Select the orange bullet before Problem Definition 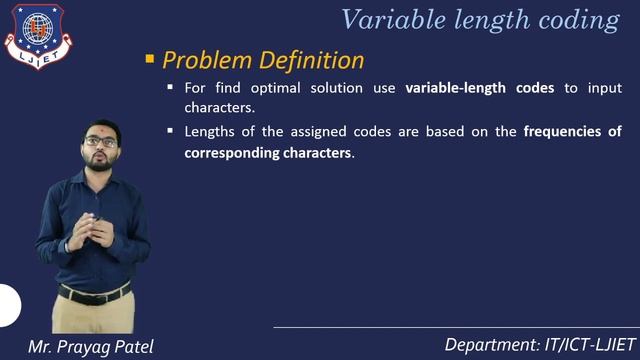pyautogui.click(x=150, y=60)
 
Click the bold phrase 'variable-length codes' pyautogui.click(x=479, y=88)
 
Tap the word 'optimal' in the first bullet pyautogui.click(x=265, y=88)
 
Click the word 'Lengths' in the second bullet pyautogui.click(x=209, y=132)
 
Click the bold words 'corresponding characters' pyautogui.click(x=268, y=154)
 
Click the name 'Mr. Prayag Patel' pyautogui.click(x=92, y=346)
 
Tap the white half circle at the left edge pyautogui.click(x=8, y=305)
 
